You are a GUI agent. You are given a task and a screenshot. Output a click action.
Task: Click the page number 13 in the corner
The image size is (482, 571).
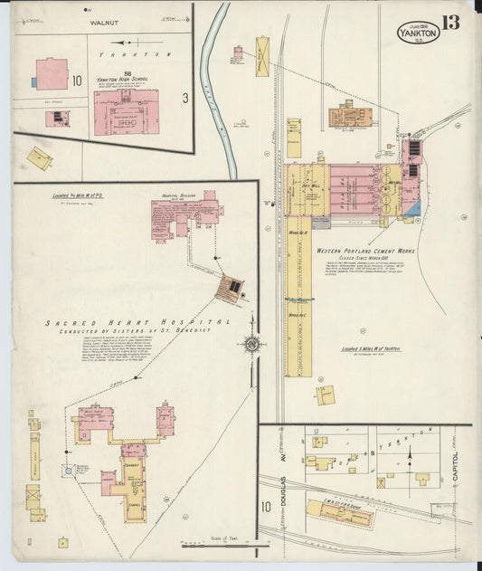pos(450,22)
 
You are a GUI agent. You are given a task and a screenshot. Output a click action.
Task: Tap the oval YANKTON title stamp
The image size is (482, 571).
pos(417,33)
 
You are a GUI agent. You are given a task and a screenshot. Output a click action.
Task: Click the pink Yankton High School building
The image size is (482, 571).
pos(127,111)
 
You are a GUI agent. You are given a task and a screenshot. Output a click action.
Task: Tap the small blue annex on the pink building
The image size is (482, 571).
pos(33,81)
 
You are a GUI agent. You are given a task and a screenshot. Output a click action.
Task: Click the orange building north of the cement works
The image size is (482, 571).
pos(347,114)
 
